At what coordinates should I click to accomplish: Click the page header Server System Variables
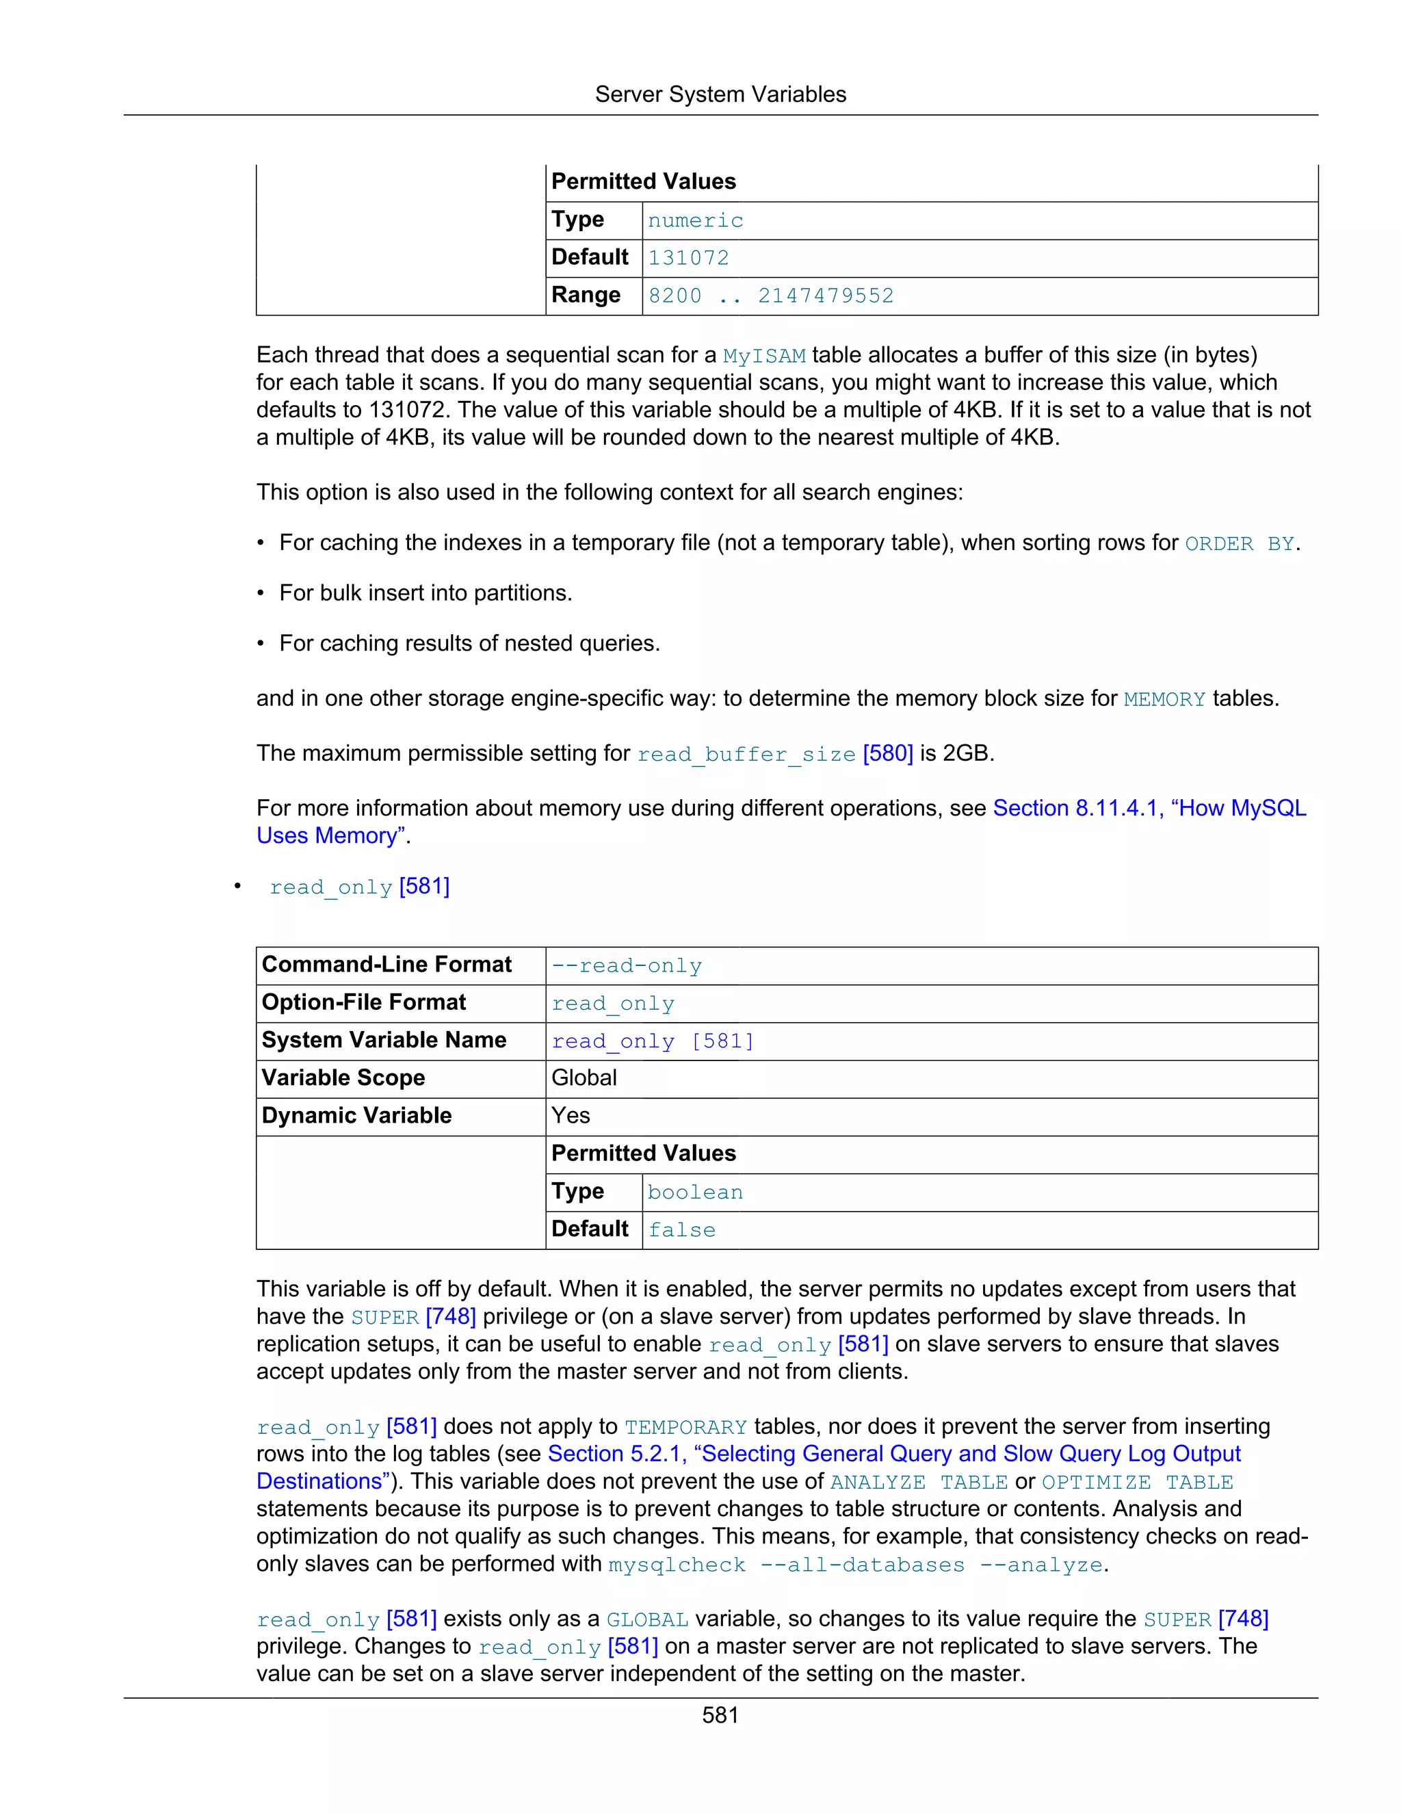pyautogui.click(x=720, y=94)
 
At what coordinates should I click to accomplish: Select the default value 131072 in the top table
pyautogui.click(x=688, y=258)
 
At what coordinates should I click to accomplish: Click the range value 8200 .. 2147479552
pyautogui.click(x=770, y=296)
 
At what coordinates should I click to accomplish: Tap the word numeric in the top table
pyautogui.click(x=695, y=221)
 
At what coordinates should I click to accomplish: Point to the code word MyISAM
pyautogui.click(x=763, y=356)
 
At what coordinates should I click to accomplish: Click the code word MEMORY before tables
pyautogui.click(x=1164, y=700)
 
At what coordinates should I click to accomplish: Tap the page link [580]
pyautogui.click(x=887, y=754)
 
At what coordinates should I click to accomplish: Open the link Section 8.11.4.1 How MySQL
pyautogui.click(x=1149, y=809)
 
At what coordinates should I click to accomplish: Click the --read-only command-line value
pyautogui.click(x=627, y=966)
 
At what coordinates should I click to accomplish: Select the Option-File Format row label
pyautogui.click(x=363, y=1003)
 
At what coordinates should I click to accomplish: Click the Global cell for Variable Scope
pyautogui.click(x=584, y=1078)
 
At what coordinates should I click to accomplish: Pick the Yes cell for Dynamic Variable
pyautogui.click(x=571, y=1116)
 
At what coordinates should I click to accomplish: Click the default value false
pyautogui.click(x=681, y=1230)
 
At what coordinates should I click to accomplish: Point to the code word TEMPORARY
pyautogui.click(x=685, y=1428)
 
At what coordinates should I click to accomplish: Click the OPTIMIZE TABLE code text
pyautogui.click(x=1136, y=1483)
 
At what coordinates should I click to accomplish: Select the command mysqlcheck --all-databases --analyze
pyautogui.click(x=855, y=1565)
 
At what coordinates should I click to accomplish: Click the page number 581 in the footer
pyautogui.click(x=720, y=1715)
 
